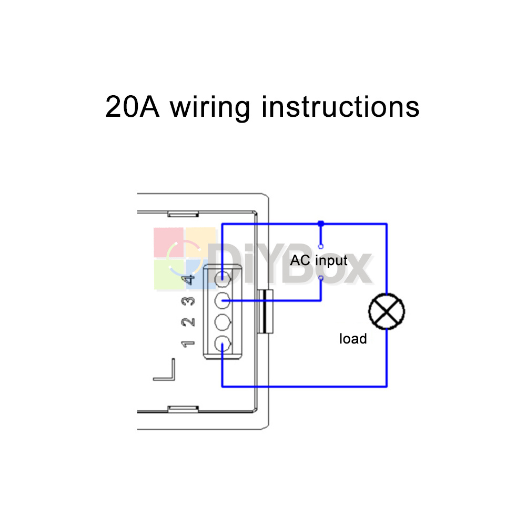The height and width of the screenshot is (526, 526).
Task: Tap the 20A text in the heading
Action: click(132, 107)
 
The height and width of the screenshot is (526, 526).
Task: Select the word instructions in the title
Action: click(340, 107)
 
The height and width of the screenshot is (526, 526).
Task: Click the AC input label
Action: click(319, 261)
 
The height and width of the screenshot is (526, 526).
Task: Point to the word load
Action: click(353, 338)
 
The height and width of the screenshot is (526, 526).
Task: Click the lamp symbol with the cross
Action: click(387, 311)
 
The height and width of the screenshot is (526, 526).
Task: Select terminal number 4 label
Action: click(188, 279)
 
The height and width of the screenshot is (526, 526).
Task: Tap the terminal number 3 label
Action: click(188, 301)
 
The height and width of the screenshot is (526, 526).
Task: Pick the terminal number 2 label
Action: click(188, 322)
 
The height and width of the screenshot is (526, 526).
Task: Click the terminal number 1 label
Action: click(188, 344)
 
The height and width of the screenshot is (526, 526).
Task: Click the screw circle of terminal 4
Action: click(222, 279)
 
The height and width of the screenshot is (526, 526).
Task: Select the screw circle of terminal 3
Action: click(222, 300)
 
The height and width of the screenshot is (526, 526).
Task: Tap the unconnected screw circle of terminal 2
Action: click(222, 322)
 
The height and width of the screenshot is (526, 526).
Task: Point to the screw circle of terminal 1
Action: click(222, 344)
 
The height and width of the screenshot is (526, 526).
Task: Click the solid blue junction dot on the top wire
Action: click(321, 224)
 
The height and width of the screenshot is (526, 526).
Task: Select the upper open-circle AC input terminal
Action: click(321, 247)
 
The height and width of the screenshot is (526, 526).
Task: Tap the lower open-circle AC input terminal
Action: click(321, 278)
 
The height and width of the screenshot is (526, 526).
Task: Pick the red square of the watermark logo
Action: click(169, 242)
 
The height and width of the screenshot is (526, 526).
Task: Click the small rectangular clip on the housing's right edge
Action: click(265, 311)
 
